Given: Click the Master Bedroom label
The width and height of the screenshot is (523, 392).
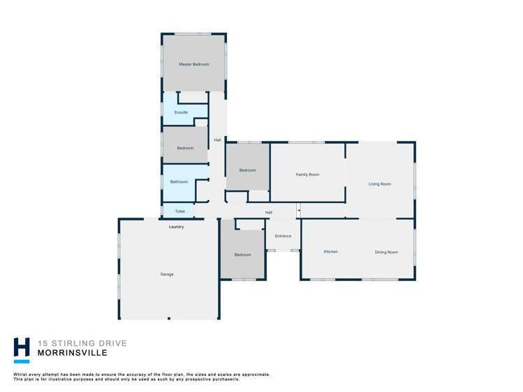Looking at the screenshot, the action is coord(194,64).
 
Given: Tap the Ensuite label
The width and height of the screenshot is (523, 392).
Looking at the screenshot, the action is coord(181,112).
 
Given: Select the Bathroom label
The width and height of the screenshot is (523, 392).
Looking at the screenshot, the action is coord(179,182).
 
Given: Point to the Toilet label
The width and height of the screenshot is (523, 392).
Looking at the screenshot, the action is coord(179,211).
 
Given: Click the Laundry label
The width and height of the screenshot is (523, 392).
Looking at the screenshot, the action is coord(176,227).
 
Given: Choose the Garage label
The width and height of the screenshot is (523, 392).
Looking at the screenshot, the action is coord(167,274).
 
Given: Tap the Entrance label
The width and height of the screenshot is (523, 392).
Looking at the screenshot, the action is coord(283,236).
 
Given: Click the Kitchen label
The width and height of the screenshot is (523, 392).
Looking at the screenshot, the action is coord(331,252).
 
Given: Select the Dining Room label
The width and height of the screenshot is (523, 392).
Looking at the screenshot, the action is coord(386,252).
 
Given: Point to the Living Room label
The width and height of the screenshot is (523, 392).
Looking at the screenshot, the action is coord(380,184).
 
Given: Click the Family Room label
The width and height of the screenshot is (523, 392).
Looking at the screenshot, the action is coord(307,174).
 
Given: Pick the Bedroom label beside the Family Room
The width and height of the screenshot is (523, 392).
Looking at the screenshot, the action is coord(247,170).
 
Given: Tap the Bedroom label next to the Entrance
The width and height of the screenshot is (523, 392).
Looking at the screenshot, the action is coord(242,255).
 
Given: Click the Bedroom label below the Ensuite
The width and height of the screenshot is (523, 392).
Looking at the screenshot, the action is coord(185,148).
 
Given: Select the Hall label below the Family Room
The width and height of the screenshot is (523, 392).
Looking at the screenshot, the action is coord(269,213).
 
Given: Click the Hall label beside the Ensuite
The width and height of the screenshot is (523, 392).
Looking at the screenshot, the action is coord(217,140).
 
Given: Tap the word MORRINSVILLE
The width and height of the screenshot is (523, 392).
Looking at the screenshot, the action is coord(73,353).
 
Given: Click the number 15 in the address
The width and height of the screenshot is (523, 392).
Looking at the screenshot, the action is coord(43,343).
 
